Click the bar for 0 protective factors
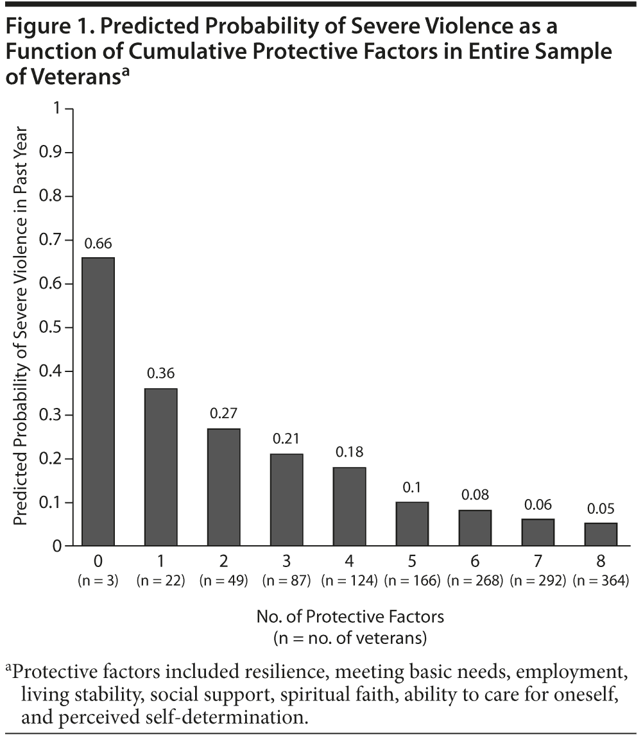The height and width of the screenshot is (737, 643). click(x=98, y=402)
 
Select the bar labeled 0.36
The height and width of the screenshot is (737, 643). click(x=161, y=467)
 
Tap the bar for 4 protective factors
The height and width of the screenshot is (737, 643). click(x=350, y=507)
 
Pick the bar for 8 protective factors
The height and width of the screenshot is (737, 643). click(x=601, y=534)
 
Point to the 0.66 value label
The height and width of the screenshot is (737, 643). click(x=98, y=244)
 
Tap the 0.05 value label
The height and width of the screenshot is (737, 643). click(x=601, y=509)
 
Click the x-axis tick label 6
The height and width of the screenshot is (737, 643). click(x=475, y=562)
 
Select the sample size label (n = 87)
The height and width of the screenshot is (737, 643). click(x=287, y=582)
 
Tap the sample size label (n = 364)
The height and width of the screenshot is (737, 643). click(x=601, y=582)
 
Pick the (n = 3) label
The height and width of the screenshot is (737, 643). click(x=98, y=582)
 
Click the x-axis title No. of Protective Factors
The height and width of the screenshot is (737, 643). click(x=350, y=617)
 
